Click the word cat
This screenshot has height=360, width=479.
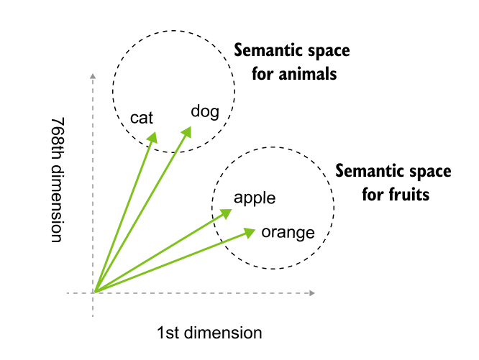[x=142, y=118]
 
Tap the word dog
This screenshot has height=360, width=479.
[x=204, y=111]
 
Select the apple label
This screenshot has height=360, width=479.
[x=255, y=198]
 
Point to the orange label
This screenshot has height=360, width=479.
[x=288, y=232]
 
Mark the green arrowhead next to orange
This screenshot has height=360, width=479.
[x=250, y=231]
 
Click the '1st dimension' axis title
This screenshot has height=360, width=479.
[x=209, y=333]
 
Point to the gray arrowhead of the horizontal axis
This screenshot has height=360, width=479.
[x=312, y=292]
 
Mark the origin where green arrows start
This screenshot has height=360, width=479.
[x=94, y=292]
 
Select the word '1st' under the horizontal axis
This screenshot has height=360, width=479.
[x=169, y=333]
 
